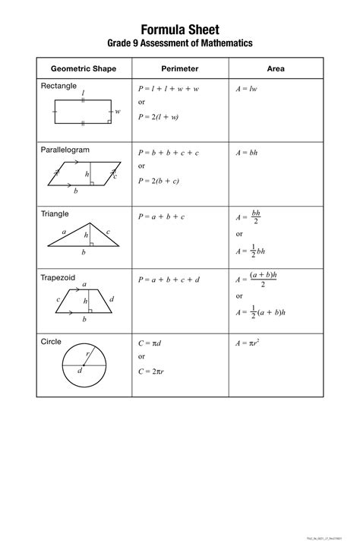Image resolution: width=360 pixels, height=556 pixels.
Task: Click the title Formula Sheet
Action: click(179, 30)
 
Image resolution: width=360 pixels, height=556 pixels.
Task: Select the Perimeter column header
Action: click(180, 68)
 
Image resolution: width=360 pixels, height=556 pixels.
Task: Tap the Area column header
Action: click(276, 68)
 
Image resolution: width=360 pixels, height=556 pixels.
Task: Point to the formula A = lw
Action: click(247, 89)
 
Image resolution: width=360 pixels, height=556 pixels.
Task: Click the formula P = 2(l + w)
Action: click(158, 117)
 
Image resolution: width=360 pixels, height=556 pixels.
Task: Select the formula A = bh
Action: click(247, 153)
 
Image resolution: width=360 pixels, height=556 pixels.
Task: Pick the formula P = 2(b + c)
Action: click(158, 180)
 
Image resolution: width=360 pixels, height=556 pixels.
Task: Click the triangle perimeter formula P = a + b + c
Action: click(161, 216)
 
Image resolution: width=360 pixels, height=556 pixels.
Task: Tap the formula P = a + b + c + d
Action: click(169, 280)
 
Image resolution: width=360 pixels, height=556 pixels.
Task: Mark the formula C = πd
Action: click(149, 343)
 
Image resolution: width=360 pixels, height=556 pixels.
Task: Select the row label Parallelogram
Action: click(65, 150)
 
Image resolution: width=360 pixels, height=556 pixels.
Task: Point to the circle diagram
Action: click(84, 365)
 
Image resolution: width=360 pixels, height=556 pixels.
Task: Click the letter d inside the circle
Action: click(79, 371)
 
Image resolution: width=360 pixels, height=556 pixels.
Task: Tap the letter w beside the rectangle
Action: click(118, 112)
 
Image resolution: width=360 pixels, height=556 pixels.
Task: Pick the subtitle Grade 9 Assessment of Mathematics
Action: click(179, 44)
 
